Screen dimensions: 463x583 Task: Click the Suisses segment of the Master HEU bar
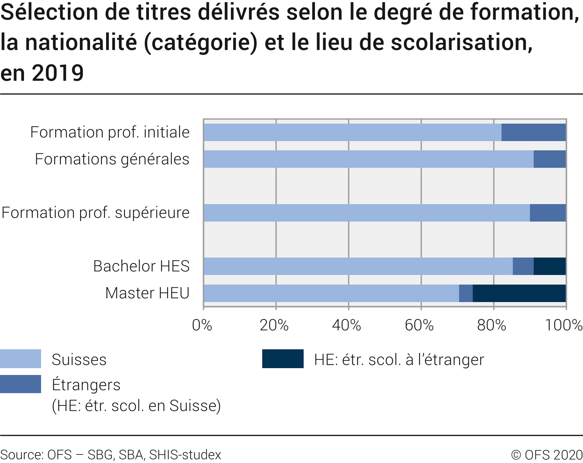point(331,293)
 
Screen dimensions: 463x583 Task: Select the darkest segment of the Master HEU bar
point(519,293)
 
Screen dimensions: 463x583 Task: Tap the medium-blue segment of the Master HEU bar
point(466,293)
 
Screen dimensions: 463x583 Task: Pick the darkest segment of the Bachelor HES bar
point(549,266)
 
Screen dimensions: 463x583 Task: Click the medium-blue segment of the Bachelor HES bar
point(523,266)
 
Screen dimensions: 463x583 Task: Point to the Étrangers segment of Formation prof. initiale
point(533,133)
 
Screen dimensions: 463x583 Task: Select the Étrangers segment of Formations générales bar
point(549,159)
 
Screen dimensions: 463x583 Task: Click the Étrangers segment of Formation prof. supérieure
point(548,213)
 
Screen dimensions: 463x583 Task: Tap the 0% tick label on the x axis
point(202,325)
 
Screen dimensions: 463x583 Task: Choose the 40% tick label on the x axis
point(346,325)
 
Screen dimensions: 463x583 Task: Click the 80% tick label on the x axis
point(492,325)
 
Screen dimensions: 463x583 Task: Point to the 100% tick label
point(563,325)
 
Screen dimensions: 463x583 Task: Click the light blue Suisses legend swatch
point(21,359)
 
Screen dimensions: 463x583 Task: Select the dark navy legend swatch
point(283,359)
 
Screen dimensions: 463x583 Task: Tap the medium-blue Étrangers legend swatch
point(21,384)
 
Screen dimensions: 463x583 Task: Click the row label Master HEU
point(147,293)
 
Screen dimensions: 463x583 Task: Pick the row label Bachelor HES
point(141,266)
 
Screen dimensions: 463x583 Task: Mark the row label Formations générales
point(112,159)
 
